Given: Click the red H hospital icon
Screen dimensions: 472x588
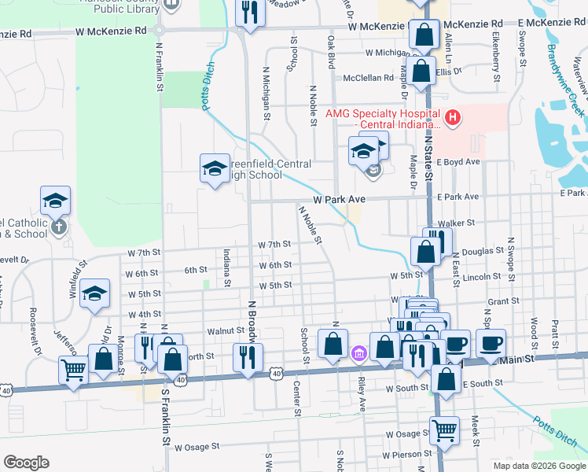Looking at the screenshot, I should point(452,119).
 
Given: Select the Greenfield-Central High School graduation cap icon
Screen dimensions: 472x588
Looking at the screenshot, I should point(215,168).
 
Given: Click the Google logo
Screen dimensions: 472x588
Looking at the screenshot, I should point(27,463).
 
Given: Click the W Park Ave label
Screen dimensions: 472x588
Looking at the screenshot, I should point(340,198).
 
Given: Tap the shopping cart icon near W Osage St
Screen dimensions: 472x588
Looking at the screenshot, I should point(443,430).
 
